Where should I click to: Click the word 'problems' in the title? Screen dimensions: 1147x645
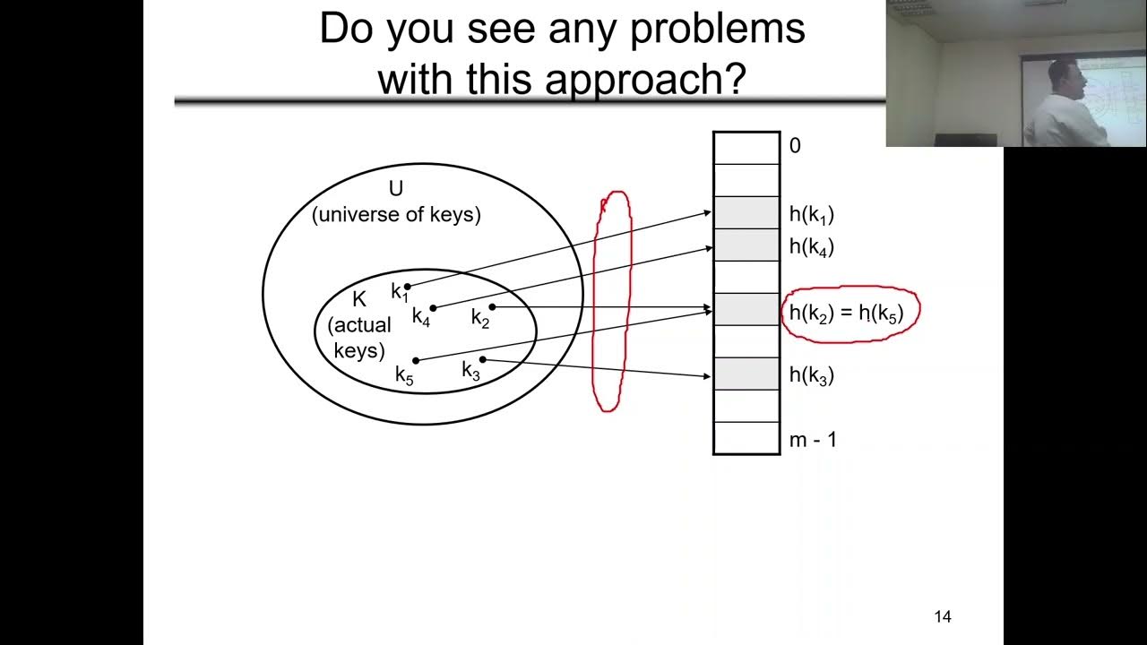point(717,30)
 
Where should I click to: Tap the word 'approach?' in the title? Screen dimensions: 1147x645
point(645,80)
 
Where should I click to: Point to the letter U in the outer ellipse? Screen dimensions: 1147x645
point(396,189)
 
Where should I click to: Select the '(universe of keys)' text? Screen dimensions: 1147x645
point(396,214)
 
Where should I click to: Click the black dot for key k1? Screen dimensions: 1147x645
point(408,287)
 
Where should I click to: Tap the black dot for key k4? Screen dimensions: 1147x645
point(433,308)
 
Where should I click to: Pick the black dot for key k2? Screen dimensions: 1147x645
point(492,307)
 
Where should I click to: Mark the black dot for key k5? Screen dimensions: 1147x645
point(416,361)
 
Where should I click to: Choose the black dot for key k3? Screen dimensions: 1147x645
point(482,359)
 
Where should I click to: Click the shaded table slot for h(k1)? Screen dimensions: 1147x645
point(746,213)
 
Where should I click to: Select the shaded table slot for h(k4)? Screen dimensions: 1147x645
point(746,245)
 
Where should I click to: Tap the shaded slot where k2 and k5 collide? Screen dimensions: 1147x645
point(746,310)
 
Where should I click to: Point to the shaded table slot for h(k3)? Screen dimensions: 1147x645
point(746,374)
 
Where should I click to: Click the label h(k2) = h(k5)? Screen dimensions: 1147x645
point(847,314)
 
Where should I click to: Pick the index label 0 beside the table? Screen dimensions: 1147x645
point(795,146)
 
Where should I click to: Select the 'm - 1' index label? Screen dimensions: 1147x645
point(813,440)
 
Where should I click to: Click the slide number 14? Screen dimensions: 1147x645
point(943,617)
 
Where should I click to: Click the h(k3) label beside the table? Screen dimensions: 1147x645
point(812,375)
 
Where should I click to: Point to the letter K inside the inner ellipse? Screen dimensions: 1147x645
point(359,299)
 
